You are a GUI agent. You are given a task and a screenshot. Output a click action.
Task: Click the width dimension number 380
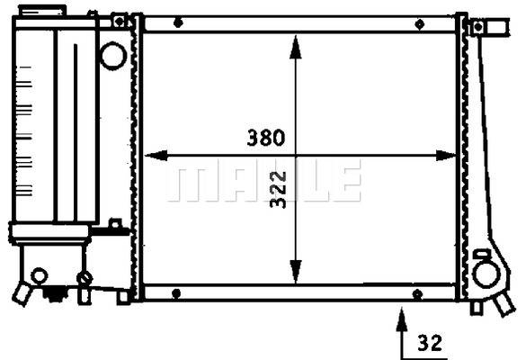(266, 138)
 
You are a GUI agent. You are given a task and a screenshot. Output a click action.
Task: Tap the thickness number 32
(431, 342)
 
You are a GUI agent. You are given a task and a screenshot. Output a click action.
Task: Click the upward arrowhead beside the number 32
(401, 315)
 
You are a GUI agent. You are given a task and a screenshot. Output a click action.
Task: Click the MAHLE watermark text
(263, 181)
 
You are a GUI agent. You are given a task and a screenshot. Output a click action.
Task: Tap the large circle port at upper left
(112, 56)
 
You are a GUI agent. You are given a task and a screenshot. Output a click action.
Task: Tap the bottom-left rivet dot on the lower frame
(176, 293)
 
